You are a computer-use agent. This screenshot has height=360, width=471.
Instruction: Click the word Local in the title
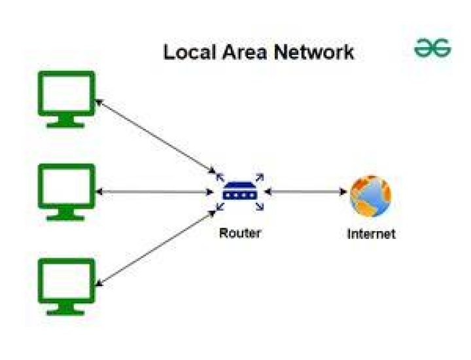(x=190, y=52)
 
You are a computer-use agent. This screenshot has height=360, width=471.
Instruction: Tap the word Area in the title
(x=245, y=52)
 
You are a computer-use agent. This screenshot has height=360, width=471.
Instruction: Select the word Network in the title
(x=314, y=52)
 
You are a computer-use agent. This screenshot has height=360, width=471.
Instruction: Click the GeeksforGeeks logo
(x=432, y=48)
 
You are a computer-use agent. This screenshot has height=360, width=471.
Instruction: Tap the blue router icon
(x=240, y=191)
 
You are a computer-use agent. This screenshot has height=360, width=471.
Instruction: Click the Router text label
(x=239, y=233)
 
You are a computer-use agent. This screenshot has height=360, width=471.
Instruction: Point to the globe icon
(x=371, y=196)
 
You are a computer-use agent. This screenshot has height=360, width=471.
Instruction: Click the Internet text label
(x=372, y=234)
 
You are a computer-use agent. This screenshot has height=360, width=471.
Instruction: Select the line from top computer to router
(x=155, y=136)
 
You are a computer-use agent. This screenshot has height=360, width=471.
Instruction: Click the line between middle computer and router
(x=154, y=192)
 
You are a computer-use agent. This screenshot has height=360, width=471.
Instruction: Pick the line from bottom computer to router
(x=156, y=248)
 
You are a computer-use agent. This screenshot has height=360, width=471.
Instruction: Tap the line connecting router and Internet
(x=305, y=192)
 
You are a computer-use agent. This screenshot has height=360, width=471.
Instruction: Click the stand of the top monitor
(x=65, y=122)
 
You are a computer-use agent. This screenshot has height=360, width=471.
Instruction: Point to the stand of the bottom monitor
(x=65, y=309)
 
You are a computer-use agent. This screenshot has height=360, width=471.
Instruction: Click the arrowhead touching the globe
(x=343, y=192)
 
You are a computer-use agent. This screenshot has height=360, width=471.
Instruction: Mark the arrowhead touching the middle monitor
(x=99, y=192)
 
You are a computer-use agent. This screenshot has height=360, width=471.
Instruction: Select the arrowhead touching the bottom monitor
(x=99, y=283)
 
